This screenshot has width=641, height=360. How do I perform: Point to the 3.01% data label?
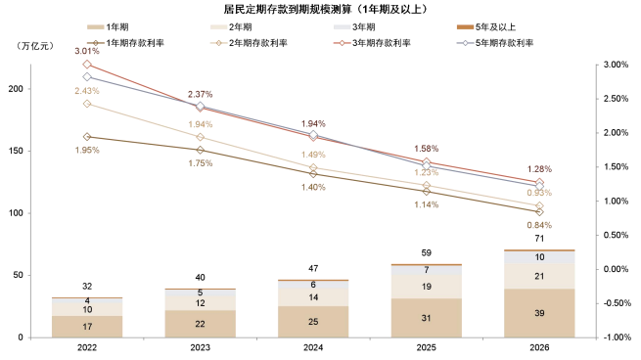pyautogui.click(x=88, y=53)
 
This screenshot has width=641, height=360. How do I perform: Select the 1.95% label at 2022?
pyautogui.click(x=88, y=150)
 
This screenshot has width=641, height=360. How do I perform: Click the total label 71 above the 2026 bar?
pyautogui.click(x=538, y=239)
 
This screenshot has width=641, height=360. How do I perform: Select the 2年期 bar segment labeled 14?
pyautogui.click(x=313, y=296)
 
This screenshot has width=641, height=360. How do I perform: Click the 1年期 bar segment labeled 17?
pyautogui.click(x=88, y=326)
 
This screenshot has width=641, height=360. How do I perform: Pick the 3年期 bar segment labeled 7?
pyautogui.click(x=426, y=269)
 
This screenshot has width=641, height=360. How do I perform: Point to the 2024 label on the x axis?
pyautogui.click(x=313, y=347)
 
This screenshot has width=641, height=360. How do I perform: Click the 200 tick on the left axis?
pyautogui.click(x=16, y=89)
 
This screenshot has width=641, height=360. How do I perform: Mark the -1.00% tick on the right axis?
pyautogui.click(x=614, y=337)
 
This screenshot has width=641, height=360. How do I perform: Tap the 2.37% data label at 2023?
pyautogui.click(x=201, y=94)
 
